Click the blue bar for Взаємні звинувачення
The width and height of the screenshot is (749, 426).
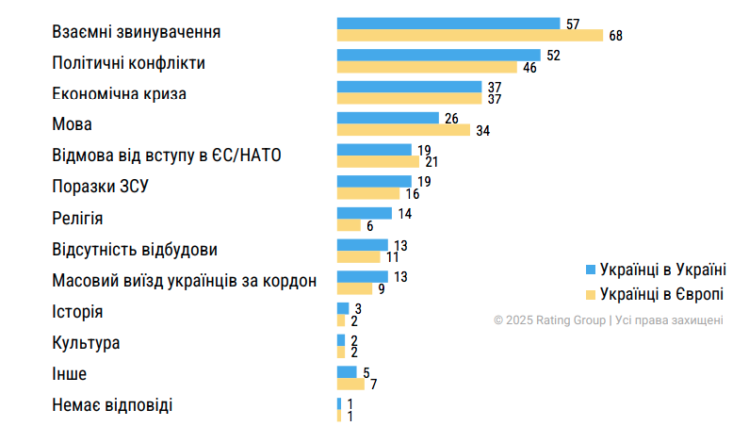[448, 23]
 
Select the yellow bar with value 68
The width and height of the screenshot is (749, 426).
[469, 36]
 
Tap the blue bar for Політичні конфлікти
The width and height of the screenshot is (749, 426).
[438, 55]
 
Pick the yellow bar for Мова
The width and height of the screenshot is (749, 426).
[403, 130]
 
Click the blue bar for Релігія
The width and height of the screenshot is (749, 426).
[364, 213]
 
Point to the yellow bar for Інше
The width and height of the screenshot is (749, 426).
[350, 384]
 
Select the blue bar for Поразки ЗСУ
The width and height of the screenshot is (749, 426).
[374, 181]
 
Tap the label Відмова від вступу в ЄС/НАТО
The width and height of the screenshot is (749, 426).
[168, 156]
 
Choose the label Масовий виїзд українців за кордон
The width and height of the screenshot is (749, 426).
[184, 281]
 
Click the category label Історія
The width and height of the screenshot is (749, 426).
[78, 312]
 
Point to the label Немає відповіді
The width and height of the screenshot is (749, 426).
[113, 405]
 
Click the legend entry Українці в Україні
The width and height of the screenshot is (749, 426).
[662, 269]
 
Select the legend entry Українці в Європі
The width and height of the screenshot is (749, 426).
[660, 293]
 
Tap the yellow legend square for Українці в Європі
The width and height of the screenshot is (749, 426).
[591, 294]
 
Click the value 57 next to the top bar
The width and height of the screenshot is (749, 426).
[574, 23]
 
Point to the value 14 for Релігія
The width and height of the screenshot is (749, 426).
[404, 213]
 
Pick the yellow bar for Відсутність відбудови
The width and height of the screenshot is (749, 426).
[358, 256]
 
